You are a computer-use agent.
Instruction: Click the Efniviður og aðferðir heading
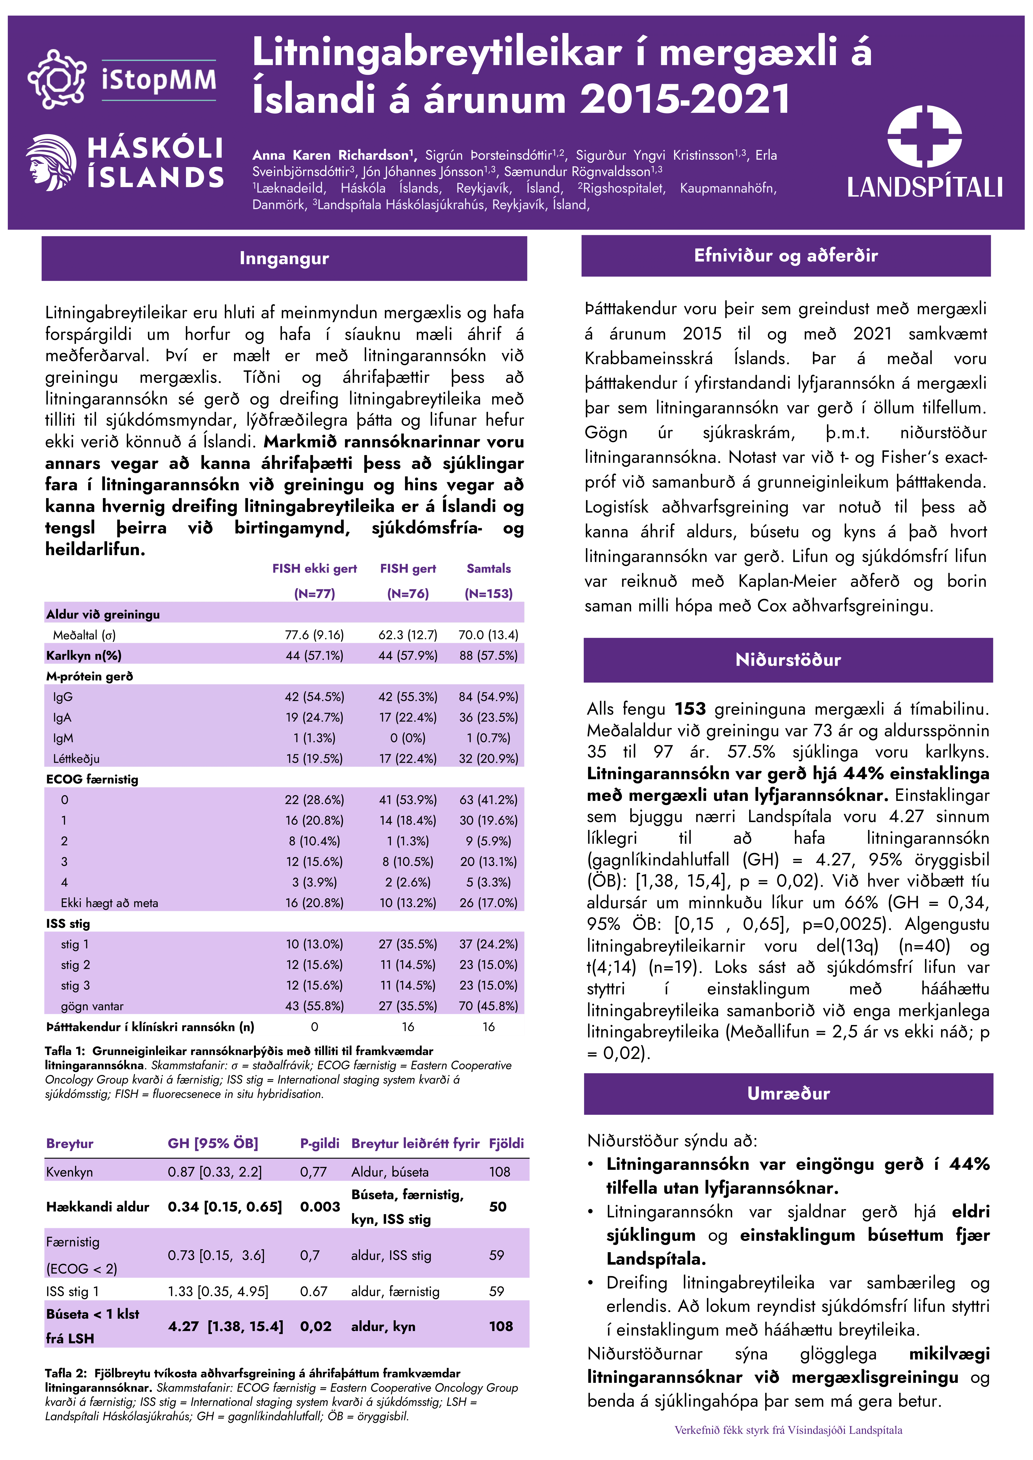point(786,256)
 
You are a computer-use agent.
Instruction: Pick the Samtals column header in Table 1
point(489,569)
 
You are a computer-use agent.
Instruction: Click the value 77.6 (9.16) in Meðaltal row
point(314,635)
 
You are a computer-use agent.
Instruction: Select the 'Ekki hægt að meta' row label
point(109,903)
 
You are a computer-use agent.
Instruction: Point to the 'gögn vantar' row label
point(92,1006)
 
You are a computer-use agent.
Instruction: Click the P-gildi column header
point(319,1143)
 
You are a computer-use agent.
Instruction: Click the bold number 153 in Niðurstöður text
point(690,709)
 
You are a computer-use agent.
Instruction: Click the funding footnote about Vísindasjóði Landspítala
point(788,1430)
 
